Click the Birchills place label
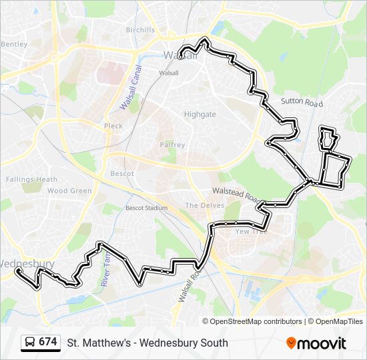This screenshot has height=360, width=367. tap(139, 30)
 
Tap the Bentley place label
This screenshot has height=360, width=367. tap(14, 44)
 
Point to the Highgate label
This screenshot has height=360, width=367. tap(200, 114)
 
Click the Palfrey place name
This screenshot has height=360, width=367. tap(171, 145)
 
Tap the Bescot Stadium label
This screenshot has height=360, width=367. tap(146, 208)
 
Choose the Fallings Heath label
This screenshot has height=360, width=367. tap(31, 179)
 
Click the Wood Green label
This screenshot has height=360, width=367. tap(69, 191)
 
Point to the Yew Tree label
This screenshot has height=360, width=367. tap(251, 231)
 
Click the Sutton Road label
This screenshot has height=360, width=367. tap(301, 103)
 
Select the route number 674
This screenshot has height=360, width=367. tap(47, 342)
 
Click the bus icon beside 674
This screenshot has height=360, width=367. tap(30, 343)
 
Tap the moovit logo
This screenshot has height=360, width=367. tap(316, 343)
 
